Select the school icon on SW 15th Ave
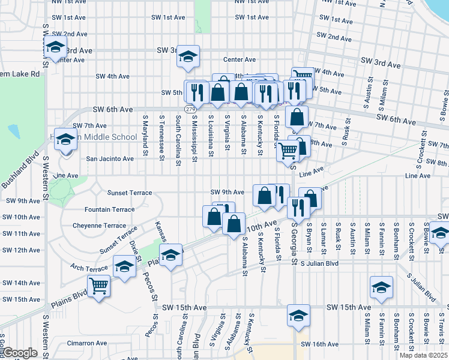point(298,315)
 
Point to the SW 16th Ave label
point(321,344)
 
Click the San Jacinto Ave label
point(110,159)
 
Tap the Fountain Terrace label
point(109,209)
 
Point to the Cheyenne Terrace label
point(99,226)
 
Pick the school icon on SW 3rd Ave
point(188,57)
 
